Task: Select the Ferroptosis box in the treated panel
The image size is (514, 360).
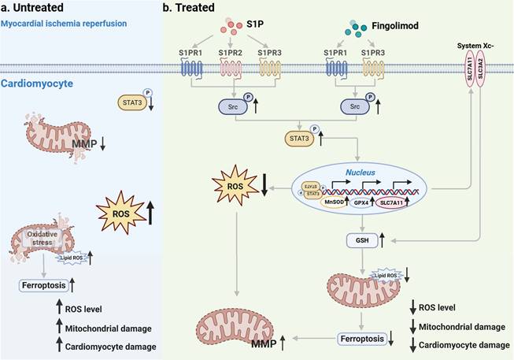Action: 362,340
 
